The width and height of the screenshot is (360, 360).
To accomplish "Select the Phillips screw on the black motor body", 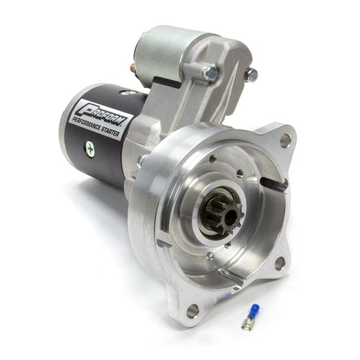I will tap(89, 147).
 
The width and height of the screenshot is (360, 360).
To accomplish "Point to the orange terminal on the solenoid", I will tap(132, 68).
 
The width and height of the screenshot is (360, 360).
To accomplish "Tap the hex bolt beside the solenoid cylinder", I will tap(210, 73).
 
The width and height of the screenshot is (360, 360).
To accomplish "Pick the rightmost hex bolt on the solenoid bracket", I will tap(252, 75).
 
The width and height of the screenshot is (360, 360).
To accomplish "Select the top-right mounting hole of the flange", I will tap(285, 141).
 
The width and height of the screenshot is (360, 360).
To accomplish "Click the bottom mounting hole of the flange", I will tap(193, 311).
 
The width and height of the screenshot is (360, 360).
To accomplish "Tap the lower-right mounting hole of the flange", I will tap(280, 263).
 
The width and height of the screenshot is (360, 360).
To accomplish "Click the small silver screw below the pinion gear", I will tap(209, 256).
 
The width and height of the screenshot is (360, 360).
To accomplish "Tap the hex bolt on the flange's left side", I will tap(142, 161).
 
